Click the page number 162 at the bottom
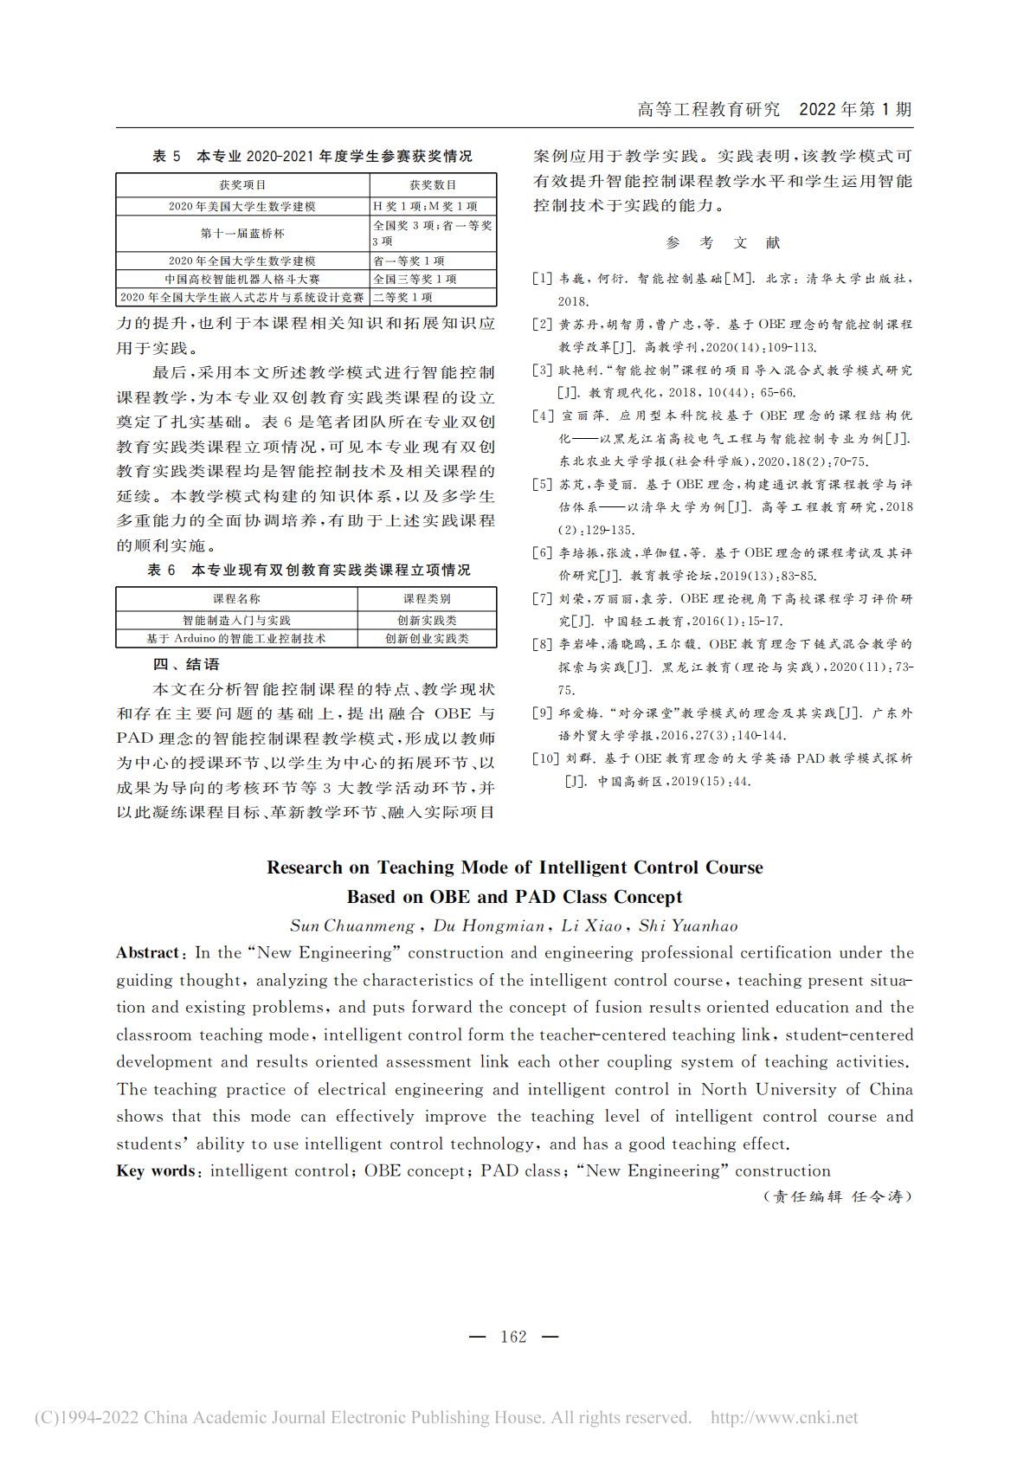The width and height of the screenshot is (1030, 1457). pos(513,1337)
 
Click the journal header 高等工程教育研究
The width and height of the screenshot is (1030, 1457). pos(708,109)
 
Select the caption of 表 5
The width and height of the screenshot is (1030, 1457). pos(312,156)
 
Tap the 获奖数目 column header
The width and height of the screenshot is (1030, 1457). pos(433,184)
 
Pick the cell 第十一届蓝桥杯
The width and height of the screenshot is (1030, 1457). pos(242,233)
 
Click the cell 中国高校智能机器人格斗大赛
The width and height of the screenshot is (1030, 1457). pos(242,279)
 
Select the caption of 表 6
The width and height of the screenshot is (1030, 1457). pos(309,570)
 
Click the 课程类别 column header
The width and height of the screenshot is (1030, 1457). pos(427,598)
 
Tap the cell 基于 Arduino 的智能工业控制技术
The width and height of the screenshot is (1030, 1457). pos(236,638)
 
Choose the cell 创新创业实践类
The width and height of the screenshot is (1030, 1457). pos(427,638)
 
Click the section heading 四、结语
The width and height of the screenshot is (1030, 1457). pos(186,664)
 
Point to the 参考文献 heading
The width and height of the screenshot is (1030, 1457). pos(723,242)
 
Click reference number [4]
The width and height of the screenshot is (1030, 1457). pos(543,416)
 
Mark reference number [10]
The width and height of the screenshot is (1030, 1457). pos(545,758)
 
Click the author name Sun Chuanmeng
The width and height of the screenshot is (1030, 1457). pos(352,925)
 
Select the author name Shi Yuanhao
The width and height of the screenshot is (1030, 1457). pos(688,925)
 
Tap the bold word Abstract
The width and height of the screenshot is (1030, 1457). pos(148,952)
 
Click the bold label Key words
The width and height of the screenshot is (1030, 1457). pos(157,1170)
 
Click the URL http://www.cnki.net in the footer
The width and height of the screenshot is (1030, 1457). pos(784,1417)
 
